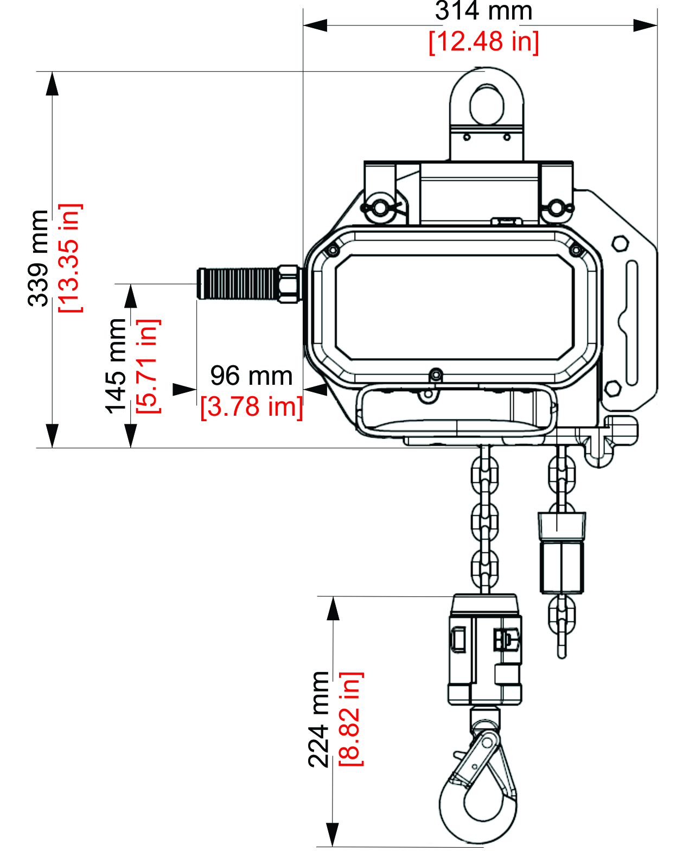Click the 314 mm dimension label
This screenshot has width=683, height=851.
pyautogui.click(x=483, y=11)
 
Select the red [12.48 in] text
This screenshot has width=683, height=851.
pyautogui.click(x=483, y=42)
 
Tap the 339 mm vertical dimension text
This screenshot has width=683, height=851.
pyautogui.click(x=39, y=258)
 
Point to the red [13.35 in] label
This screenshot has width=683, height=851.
pyautogui.click(x=70, y=258)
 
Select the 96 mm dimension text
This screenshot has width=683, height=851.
pyautogui.click(x=251, y=376)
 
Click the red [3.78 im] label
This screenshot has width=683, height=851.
pyautogui.click(x=251, y=407)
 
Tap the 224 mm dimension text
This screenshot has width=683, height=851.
pyautogui.click(x=319, y=719)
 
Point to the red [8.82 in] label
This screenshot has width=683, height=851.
pyautogui.click(x=350, y=719)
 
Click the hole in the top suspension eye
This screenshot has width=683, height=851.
pyautogui.click(x=487, y=104)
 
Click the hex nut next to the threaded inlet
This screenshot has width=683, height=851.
pyautogui.click(x=289, y=283)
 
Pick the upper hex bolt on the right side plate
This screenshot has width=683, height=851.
pyautogui.click(x=620, y=243)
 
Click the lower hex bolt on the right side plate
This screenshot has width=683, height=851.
pyautogui.click(x=612, y=389)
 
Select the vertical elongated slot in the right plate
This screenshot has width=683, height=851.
pyautogui.click(x=632, y=322)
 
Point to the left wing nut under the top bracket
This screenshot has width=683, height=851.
pyautogui.click(x=379, y=207)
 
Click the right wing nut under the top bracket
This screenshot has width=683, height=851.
pyautogui.click(x=554, y=207)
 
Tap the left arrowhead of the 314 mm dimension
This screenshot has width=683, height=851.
pyautogui.click(x=315, y=25)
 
